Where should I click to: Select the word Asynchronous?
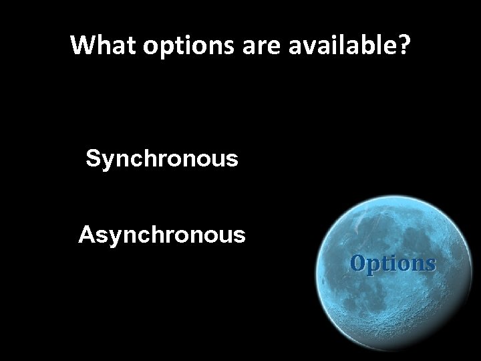[x=162, y=235]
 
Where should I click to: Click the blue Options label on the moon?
[x=393, y=263]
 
